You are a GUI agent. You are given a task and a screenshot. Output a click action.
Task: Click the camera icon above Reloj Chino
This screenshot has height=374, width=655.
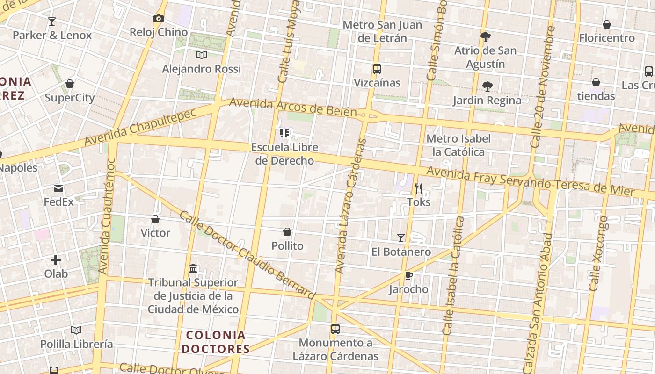159,19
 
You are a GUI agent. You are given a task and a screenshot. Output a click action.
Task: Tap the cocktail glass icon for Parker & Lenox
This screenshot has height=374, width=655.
52,21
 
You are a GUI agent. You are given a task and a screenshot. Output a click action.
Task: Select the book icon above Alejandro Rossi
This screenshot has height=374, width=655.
202,55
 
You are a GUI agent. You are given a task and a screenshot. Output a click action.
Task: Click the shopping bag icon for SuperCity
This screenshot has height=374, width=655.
70,84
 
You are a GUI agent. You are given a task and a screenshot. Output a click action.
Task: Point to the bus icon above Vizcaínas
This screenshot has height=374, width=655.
377,69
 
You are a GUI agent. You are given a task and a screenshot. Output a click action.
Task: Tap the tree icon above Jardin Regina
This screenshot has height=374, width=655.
487,86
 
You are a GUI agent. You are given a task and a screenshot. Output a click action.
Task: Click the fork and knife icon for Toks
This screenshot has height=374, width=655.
419,188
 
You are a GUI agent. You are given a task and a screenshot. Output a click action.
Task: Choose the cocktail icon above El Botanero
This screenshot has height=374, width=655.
401,238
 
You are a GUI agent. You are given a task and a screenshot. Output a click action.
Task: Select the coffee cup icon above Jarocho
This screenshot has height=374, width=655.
409,275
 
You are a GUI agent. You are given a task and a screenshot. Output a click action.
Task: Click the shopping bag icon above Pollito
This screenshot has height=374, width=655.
287,232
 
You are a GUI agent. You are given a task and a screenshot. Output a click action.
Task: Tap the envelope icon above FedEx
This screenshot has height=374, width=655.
58,188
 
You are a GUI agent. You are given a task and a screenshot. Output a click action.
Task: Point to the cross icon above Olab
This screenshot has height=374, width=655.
56,260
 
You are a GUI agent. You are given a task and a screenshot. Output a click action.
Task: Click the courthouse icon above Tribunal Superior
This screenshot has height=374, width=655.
193,269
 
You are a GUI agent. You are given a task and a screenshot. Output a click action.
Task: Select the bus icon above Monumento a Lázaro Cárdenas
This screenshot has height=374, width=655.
335,329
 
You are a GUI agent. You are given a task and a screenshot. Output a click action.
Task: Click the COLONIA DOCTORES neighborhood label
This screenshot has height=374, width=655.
216,342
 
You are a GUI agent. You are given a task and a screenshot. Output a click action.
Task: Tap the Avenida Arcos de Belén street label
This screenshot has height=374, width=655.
293,107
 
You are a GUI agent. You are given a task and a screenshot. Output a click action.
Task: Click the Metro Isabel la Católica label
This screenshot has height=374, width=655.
458,145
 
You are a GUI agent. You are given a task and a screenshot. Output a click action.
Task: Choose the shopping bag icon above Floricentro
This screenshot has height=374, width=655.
607,24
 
